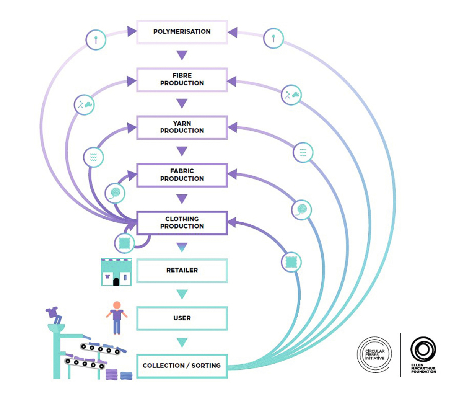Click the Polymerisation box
[x=182, y=32]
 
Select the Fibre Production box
[x=182, y=80]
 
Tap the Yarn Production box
[x=182, y=127]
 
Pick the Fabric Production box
[x=182, y=175]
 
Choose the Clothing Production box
[x=182, y=222]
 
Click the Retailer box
[x=182, y=270]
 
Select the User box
[x=182, y=318]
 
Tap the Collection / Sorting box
[x=182, y=366]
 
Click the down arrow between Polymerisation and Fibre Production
[x=182, y=55]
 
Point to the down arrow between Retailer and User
[x=182, y=294]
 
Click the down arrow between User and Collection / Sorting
[x=182, y=342]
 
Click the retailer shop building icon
[x=116, y=272]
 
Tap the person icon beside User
[x=117, y=318]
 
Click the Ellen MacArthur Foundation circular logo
[x=423, y=349]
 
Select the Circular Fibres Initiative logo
[x=374, y=354]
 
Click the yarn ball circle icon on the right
[x=302, y=210]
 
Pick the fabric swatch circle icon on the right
[x=291, y=262]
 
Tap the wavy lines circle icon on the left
[x=93, y=157]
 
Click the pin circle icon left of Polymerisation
[x=96, y=39]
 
